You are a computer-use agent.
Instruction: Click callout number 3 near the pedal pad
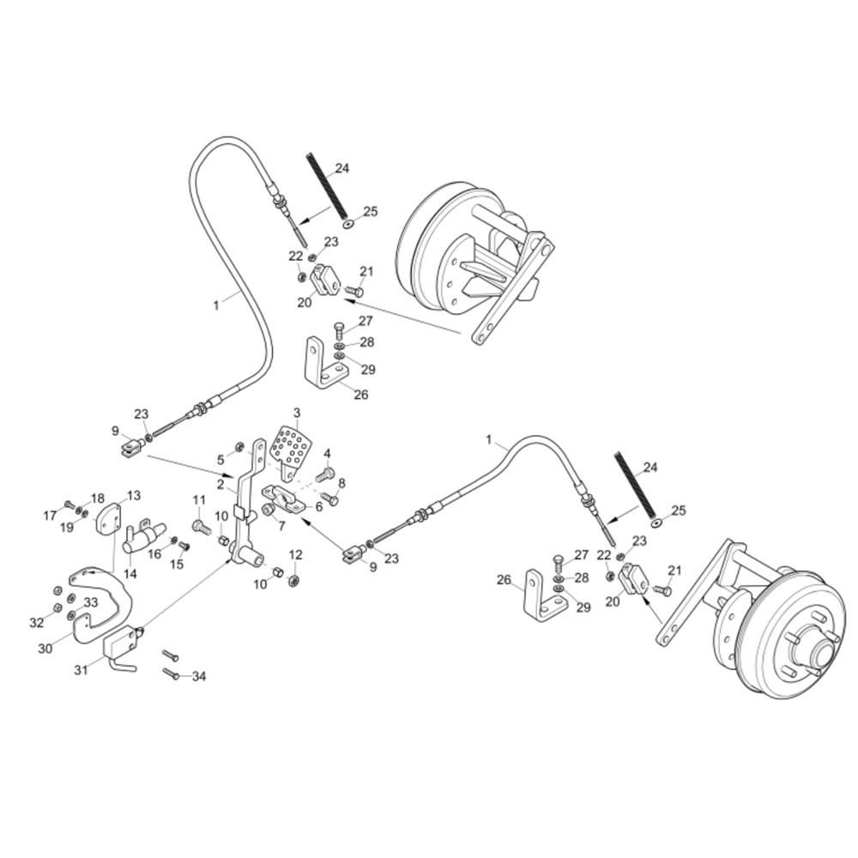tap(297, 413)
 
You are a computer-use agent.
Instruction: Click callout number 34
tap(199, 677)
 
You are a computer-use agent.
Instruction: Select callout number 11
tap(199, 500)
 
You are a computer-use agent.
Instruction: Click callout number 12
tap(295, 554)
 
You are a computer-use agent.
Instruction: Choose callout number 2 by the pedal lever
tap(221, 485)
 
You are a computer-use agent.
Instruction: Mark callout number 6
tap(319, 506)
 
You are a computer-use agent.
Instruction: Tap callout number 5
tap(220, 458)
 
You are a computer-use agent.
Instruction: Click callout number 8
tap(341, 483)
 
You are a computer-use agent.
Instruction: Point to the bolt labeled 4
tap(323, 474)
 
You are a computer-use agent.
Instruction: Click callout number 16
tap(154, 554)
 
